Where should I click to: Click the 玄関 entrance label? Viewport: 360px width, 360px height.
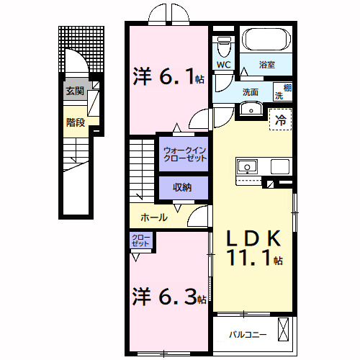click(x=75, y=91)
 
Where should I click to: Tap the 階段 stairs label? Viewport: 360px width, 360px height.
click(x=75, y=122)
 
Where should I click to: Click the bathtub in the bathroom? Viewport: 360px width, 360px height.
click(x=266, y=40)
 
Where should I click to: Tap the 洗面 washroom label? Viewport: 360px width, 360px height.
click(x=251, y=91)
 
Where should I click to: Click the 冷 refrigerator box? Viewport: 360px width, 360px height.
click(x=280, y=120)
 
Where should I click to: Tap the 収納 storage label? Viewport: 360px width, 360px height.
click(x=182, y=187)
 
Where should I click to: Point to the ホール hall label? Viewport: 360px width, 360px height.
click(x=154, y=217)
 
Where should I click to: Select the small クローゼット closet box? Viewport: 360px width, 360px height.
click(x=140, y=240)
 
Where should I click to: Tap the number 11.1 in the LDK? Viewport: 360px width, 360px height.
click(x=252, y=259)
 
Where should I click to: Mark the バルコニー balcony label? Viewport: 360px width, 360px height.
click(x=248, y=334)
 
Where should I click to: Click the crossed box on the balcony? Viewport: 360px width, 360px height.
click(x=284, y=333)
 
